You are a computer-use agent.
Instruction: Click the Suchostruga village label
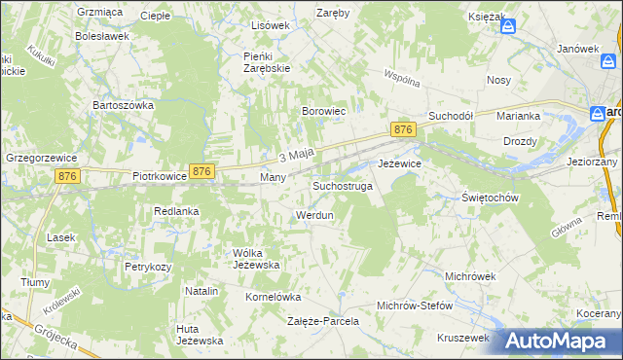click(x=342, y=186)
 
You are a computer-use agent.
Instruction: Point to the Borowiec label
click(x=325, y=112)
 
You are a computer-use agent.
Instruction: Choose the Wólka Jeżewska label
click(x=256, y=259)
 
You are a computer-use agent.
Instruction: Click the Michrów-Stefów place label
click(x=415, y=306)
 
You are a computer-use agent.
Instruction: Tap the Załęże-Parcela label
click(x=323, y=320)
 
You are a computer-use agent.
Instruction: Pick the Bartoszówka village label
click(x=124, y=104)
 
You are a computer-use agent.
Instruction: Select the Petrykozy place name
click(x=148, y=266)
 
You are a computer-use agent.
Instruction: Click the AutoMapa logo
click(x=558, y=340)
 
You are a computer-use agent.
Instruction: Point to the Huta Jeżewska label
click(x=200, y=334)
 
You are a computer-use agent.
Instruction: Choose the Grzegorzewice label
click(x=41, y=157)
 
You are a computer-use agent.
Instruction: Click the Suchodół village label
click(x=451, y=115)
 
